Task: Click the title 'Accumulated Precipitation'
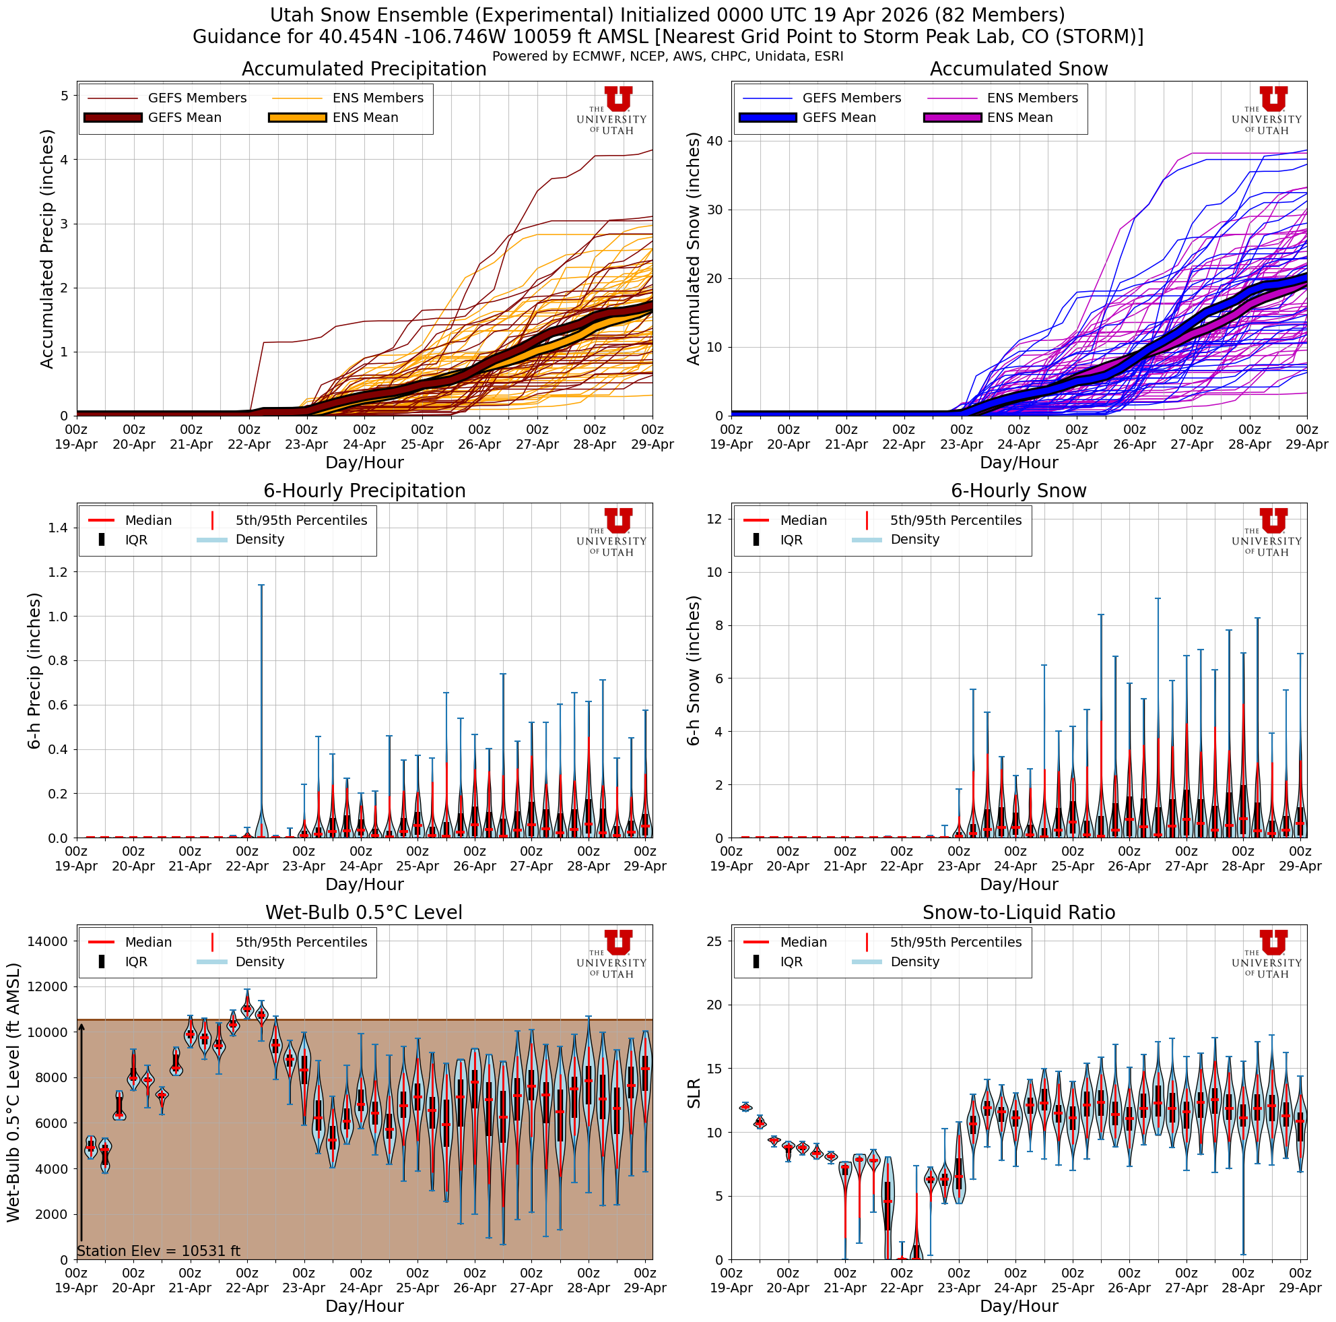(x=364, y=69)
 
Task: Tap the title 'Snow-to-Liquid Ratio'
(x=1018, y=912)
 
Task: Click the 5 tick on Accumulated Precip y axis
(x=65, y=96)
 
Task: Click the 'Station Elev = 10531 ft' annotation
(x=158, y=1251)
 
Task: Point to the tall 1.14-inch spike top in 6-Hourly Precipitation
(x=261, y=586)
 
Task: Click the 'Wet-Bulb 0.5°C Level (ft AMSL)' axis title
(x=13, y=1093)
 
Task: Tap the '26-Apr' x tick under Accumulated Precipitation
(x=479, y=445)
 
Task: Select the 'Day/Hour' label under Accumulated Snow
(x=1018, y=462)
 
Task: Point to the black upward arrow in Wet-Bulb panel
(x=81, y=1135)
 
